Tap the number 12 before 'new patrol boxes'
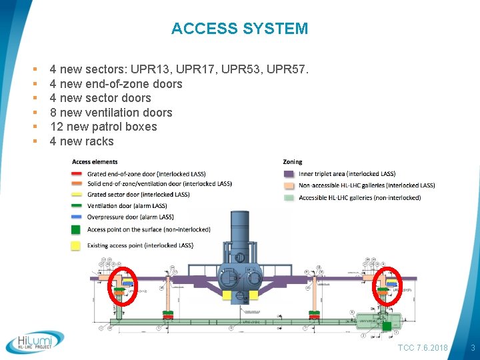click(57, 127)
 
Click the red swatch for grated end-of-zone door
click(77, 173)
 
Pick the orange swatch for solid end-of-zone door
click(77, 184)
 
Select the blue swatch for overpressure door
click(77, 217)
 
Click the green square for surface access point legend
click(77, 229)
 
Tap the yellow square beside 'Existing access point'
click(77, 245)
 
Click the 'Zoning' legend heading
click(293, 162)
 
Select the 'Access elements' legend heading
click(95, 162)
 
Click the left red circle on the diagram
click(121, 285)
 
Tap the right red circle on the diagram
click(386, 285)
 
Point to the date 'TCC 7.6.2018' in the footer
click(422, 348)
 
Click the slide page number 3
click(473, 348)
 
